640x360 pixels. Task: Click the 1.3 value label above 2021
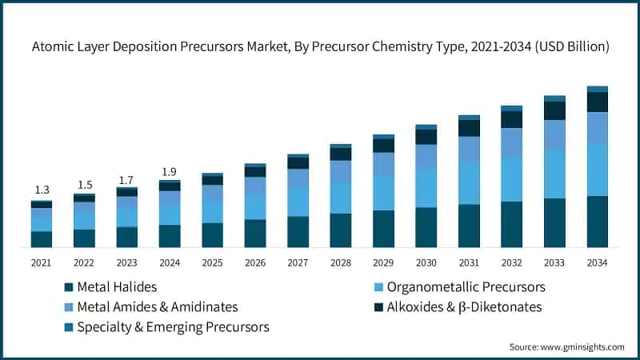click(x=42, y=190)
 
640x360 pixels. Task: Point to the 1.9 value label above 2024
click(x=169, y=172)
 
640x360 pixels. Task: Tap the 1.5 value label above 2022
click(x=85, y=185)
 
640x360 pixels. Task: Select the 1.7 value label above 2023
click(x=126, y=180)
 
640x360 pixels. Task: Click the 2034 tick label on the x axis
click(x=597, y=263)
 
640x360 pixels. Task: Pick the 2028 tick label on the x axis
click(x=341, y=263)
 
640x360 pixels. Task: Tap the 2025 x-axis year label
click(x=212, y=263)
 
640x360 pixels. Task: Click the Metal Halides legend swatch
click(x=69, y=287)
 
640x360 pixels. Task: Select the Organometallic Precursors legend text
click(x=466, y=287)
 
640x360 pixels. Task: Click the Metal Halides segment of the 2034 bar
click(x=597, y=222)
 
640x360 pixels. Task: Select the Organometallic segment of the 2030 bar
click(x=426, y=188)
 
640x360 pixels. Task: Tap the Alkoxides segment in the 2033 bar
click(x=554, y=110)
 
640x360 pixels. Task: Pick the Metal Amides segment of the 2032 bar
click(x=512, y=142)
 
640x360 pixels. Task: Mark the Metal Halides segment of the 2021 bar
click(x=42, y=239)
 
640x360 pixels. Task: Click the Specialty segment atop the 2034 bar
click(x=597, y=89)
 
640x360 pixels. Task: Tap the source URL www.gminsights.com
click(x=582, y=347)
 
